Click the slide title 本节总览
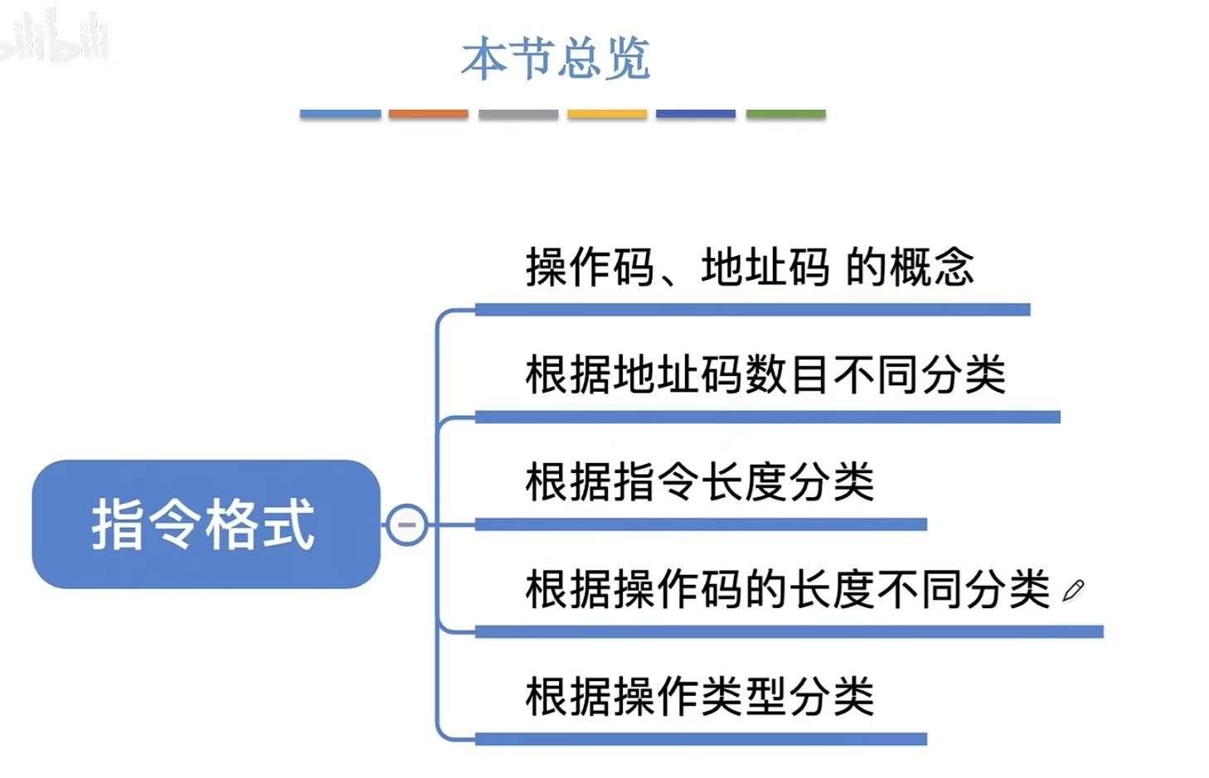pos(556,58)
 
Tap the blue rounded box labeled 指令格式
pos(205,524)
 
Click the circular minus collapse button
pos(407,524)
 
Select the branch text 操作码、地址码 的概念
pos(750,268)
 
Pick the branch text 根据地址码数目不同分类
pos(765,375)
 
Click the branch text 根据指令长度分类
pos(700,482)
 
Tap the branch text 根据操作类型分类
pos(700,697)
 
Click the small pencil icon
pos(1073,591)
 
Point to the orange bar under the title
pos(428,114)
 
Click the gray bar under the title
pos(518,114)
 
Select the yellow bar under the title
pos(607,114)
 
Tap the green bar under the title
pos(785,114)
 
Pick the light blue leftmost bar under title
pos(340,114)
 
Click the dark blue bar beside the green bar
pos(696,114)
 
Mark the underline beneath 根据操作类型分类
pos(701,738)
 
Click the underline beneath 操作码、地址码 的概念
pos(752,310)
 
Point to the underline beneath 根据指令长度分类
pos(701,524)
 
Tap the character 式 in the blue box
pos(288,524)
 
